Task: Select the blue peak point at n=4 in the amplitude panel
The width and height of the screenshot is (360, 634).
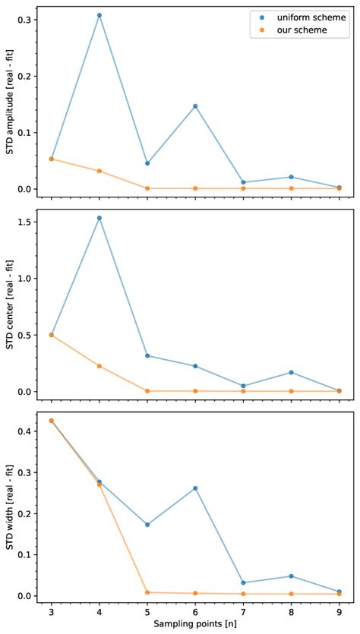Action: pyautogui.click(x=99, y=15)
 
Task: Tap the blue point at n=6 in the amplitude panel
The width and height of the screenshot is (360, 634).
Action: pyautogui.click(x=195, y=106)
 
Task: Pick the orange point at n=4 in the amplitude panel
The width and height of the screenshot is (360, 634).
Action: pyautogui.click(x=99, y=171)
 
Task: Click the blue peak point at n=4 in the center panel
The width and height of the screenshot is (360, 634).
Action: pyautogui.click(x=99, y=218)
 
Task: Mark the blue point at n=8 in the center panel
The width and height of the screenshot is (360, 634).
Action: pyautogui.click(x=291, y=373)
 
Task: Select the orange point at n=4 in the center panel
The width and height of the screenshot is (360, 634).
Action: pyautogui.click(x=99, y=366)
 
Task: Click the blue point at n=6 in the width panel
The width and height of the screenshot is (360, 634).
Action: pyautogui.click(x=195, y=488)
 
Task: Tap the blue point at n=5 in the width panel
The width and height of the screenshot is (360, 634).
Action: pyautogui.click(x=147, y=525)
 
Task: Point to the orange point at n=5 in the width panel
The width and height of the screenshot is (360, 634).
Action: pyautogui.click(x=147, y=592)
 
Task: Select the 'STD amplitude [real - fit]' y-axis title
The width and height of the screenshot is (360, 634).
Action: pyautogui.click(x=11, y=100)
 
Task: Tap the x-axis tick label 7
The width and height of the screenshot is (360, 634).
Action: pyautogui.click(x=243, y=613)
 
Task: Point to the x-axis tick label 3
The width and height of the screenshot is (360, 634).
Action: pyautogui.click(x=51, y=613)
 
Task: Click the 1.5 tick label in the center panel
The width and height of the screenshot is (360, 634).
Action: pyautogui.click(x=27, y=222)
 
